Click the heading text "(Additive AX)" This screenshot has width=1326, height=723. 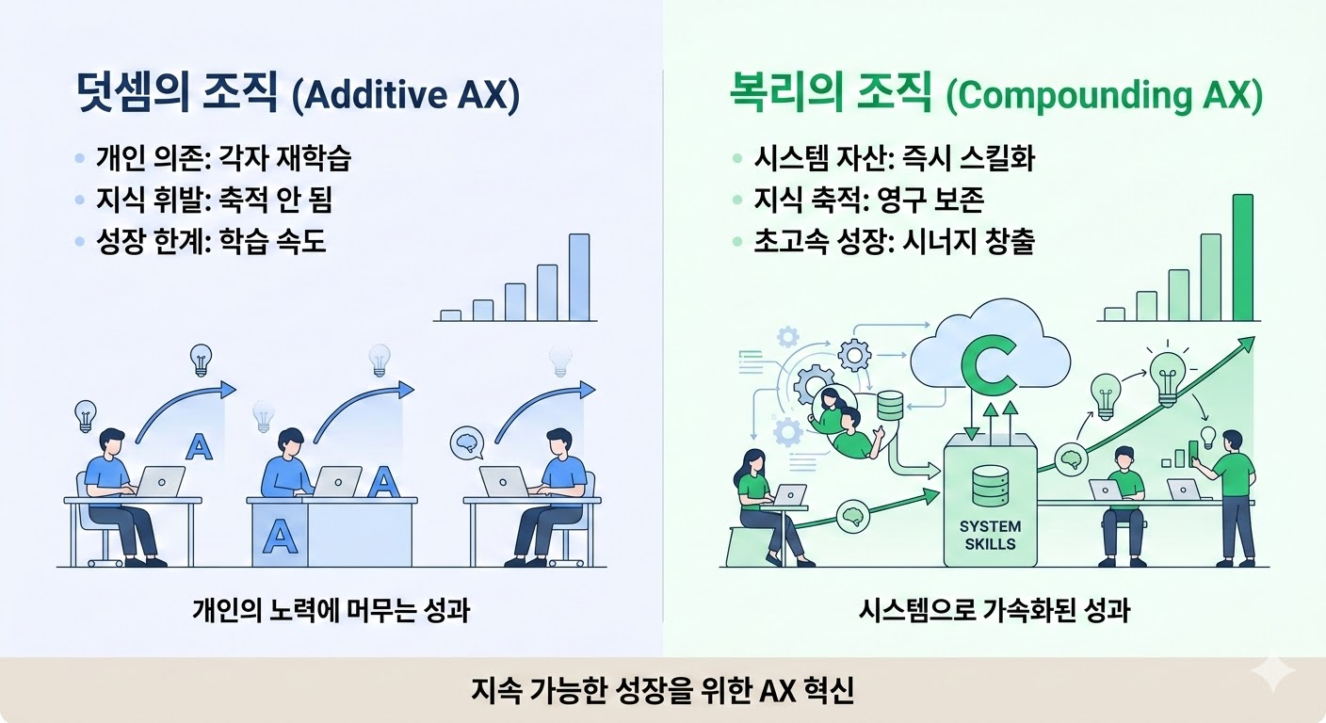tap(406, 95)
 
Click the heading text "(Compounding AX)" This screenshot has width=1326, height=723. tap(1105, 95)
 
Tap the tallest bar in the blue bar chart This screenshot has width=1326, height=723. tap(579, 277)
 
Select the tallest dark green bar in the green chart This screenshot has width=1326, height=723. tap(1243, 257)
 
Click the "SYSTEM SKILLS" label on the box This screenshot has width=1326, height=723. tap(991, 535)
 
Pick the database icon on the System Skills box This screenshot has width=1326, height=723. tap(990, 486)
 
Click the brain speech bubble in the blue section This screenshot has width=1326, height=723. tap(467, 443)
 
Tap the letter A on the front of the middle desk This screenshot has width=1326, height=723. tap(280, 536)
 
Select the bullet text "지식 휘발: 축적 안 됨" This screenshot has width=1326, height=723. tap(215, 200)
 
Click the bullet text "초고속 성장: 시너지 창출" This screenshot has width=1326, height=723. tap(894, 241)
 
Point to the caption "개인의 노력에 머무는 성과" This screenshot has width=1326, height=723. tap(331, 611)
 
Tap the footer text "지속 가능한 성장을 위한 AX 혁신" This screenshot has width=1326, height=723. tap(663, 690)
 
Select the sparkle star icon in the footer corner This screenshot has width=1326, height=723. tap(1272, 673)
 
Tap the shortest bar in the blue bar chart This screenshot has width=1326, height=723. tap(450, 315)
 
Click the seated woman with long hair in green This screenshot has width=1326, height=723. tap(764, 508)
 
